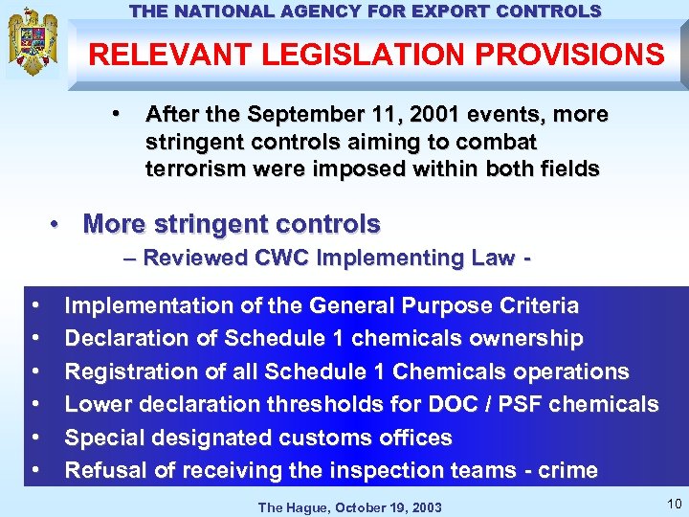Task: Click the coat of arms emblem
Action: pos(33,43)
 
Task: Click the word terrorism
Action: pos(189,169)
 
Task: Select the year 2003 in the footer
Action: pos(425,506)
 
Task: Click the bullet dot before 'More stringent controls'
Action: pos(58,225)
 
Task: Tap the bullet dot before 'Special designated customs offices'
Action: pos(35,438)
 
